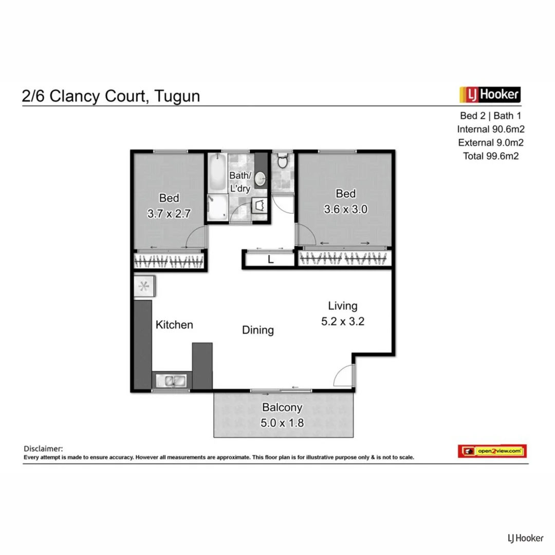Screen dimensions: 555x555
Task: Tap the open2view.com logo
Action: click(x=492, y=451)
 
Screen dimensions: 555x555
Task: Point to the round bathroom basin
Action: click(x=262, y=178)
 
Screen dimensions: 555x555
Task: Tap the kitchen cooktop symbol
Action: click(x=143, y=287)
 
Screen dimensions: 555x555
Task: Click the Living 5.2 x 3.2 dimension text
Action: click(x=343, y=322)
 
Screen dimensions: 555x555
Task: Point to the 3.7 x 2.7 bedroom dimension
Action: click(x=169, y=214)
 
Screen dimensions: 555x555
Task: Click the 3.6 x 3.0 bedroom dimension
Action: click(x=345, y=210)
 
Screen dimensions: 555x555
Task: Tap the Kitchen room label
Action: click(x=174, y=325)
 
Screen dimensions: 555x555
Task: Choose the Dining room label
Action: click(x=258, y=330)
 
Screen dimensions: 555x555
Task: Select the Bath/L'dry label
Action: click(x=240, y=182)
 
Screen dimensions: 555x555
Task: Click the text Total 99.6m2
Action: click(x=491, y=156)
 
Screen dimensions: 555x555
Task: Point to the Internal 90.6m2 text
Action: click(x=491, y=129)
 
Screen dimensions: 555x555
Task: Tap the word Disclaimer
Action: click(x=43, y=449)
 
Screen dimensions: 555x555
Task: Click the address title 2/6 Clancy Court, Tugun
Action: click(x=110, y=96)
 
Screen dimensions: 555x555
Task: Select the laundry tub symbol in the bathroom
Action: click(x=260, y=206)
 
